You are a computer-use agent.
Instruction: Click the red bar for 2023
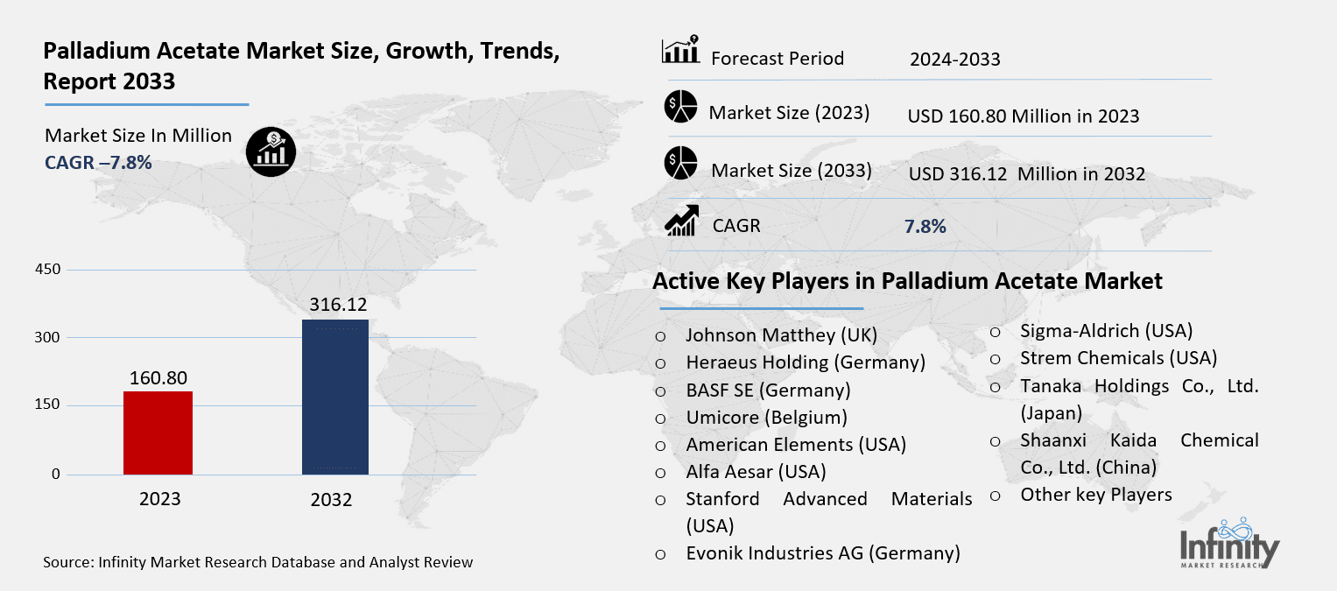click(x=158, y=433)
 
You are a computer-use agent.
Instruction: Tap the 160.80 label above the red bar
click(x=158, y=377)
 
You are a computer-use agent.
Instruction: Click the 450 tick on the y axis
click(x=49, y=270)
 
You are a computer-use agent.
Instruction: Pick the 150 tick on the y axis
click(x=49, y=405)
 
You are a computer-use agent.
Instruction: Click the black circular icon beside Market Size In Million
click(x=271, y=150)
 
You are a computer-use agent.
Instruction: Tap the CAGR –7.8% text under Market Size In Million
click(x=98, y=162)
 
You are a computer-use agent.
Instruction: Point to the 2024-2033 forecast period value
click(x=954, y=60)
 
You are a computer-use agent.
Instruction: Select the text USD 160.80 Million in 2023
click(x=1024, y=116)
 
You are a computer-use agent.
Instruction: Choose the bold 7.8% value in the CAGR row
click(x=925, y=227)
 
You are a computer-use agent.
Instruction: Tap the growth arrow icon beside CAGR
click(x=682, y=221)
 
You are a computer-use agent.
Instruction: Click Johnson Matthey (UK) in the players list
click(x=781, y=334)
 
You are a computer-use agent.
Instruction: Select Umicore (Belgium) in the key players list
click(x=766, y=418)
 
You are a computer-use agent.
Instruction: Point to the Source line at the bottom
click(x=258, y=562)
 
